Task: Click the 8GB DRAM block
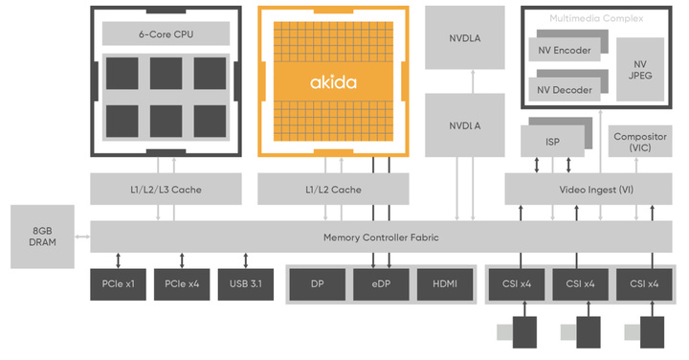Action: click(x=43, y=236)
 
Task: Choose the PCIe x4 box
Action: click(x=181, y=284)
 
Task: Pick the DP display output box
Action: click(x=317, y=284)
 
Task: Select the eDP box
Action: click(x=380, y=284)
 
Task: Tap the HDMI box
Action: click(x=445, y=284)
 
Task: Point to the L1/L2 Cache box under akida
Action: click(x=333, y=190)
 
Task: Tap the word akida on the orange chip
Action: click(x=333, y=82)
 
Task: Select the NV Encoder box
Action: click(x=564, y=50)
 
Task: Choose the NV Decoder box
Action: click(x=564, y=90)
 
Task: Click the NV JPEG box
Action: click(x=639, y=70)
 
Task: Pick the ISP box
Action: click(x=552, y=142)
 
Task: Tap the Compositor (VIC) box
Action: click(x=639, y=143)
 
